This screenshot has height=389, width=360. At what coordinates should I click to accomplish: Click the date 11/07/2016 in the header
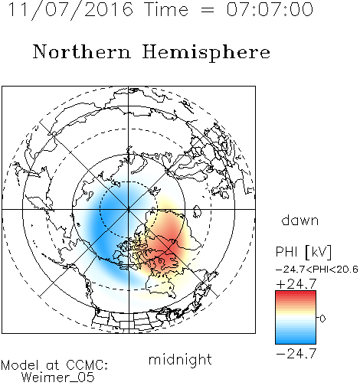pyautogui.click(x=70, y=10)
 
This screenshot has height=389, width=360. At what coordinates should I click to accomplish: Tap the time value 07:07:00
pyautogui.click(x=270, y=9)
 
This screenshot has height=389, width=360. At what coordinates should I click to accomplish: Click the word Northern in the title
pyautogui.click(x=82, y=52)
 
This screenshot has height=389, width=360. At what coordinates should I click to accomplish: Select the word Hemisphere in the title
pyautogui.click(x=206, y=53)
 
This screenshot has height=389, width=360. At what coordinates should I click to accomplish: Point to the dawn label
pyautogui.click(x=300, y=220)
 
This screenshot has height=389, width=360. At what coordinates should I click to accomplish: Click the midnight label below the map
pyautogui.click(x=180, y=359)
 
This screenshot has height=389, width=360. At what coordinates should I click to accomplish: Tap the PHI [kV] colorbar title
pyautogui.click(x=303, y=252)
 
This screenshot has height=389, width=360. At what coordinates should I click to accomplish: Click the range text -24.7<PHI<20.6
pyautogui.click(x=317, y=270)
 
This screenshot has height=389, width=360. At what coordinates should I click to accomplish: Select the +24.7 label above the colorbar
pyautogui.click(x=296, y=284)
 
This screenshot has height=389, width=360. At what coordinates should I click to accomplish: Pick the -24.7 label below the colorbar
pyautogui.click(x=296, y=354)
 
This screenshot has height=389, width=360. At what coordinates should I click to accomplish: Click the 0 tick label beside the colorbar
pyautogui.click(x=322, y=319)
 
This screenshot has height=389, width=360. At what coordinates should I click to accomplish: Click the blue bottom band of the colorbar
pyautogui.click(x=296, y=339)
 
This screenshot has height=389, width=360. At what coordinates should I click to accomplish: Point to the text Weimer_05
pyautogui.click(x=58, y=378)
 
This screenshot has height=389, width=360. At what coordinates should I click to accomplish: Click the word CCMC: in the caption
pyautogui.click(x=87, y=365)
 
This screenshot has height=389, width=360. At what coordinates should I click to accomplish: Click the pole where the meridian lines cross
pyautogui.click(x=129, y=209)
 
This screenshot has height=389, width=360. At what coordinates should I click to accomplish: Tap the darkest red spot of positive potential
pyautogui.click(x=172, y=249)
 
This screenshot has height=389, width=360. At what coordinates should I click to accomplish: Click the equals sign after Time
pyautogui.click(x=207, y=11)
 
